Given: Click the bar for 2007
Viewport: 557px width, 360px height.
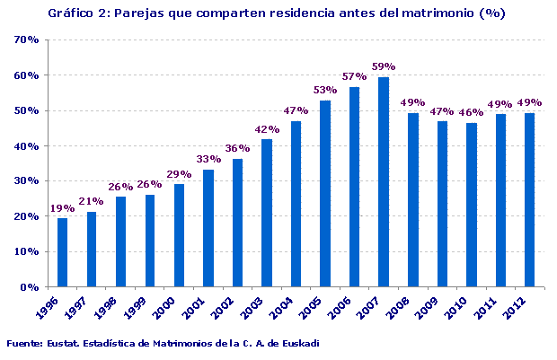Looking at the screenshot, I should coord(384,182).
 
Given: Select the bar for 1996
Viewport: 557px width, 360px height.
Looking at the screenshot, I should coord(62,252).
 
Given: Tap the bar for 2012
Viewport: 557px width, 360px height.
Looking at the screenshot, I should coord(529,199).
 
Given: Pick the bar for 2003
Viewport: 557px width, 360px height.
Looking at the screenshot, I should coord(267,213).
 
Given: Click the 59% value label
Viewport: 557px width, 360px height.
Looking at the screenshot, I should coord(384,66).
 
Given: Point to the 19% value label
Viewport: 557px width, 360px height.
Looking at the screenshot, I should coord(62,207).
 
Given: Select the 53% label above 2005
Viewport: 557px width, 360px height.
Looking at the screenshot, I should coord(325,90).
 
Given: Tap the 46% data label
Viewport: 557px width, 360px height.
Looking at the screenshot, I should coord(471,112).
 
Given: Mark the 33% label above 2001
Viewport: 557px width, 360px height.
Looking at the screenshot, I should coord(208,159).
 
